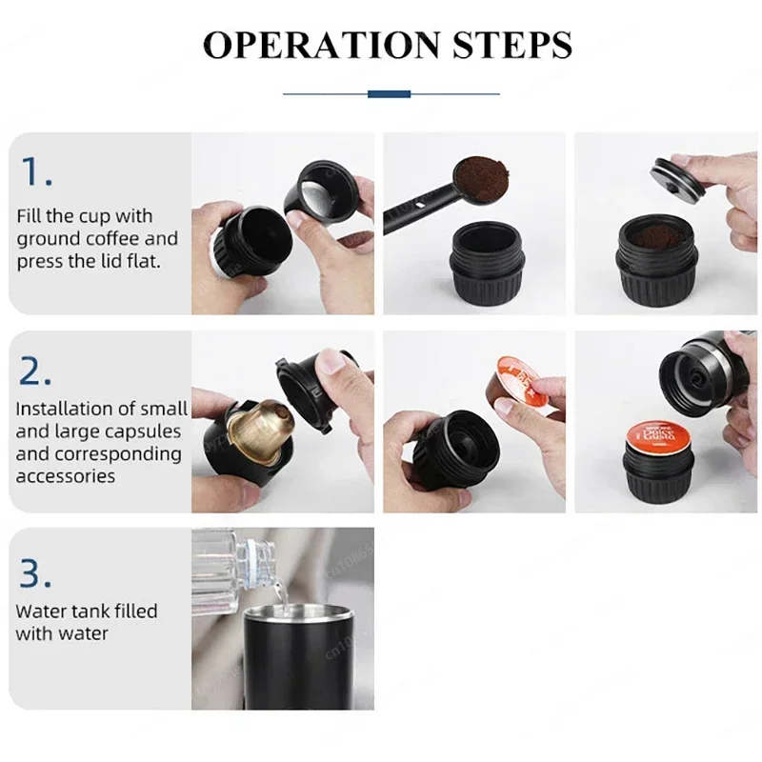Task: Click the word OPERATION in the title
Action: [321, 45]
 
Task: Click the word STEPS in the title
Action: [511, 45]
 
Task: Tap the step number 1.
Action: [36, 171]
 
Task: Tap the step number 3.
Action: [35, 572]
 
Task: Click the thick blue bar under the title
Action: [389, 93]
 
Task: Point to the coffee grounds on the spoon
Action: [482, 178]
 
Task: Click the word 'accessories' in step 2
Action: [66, 476]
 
